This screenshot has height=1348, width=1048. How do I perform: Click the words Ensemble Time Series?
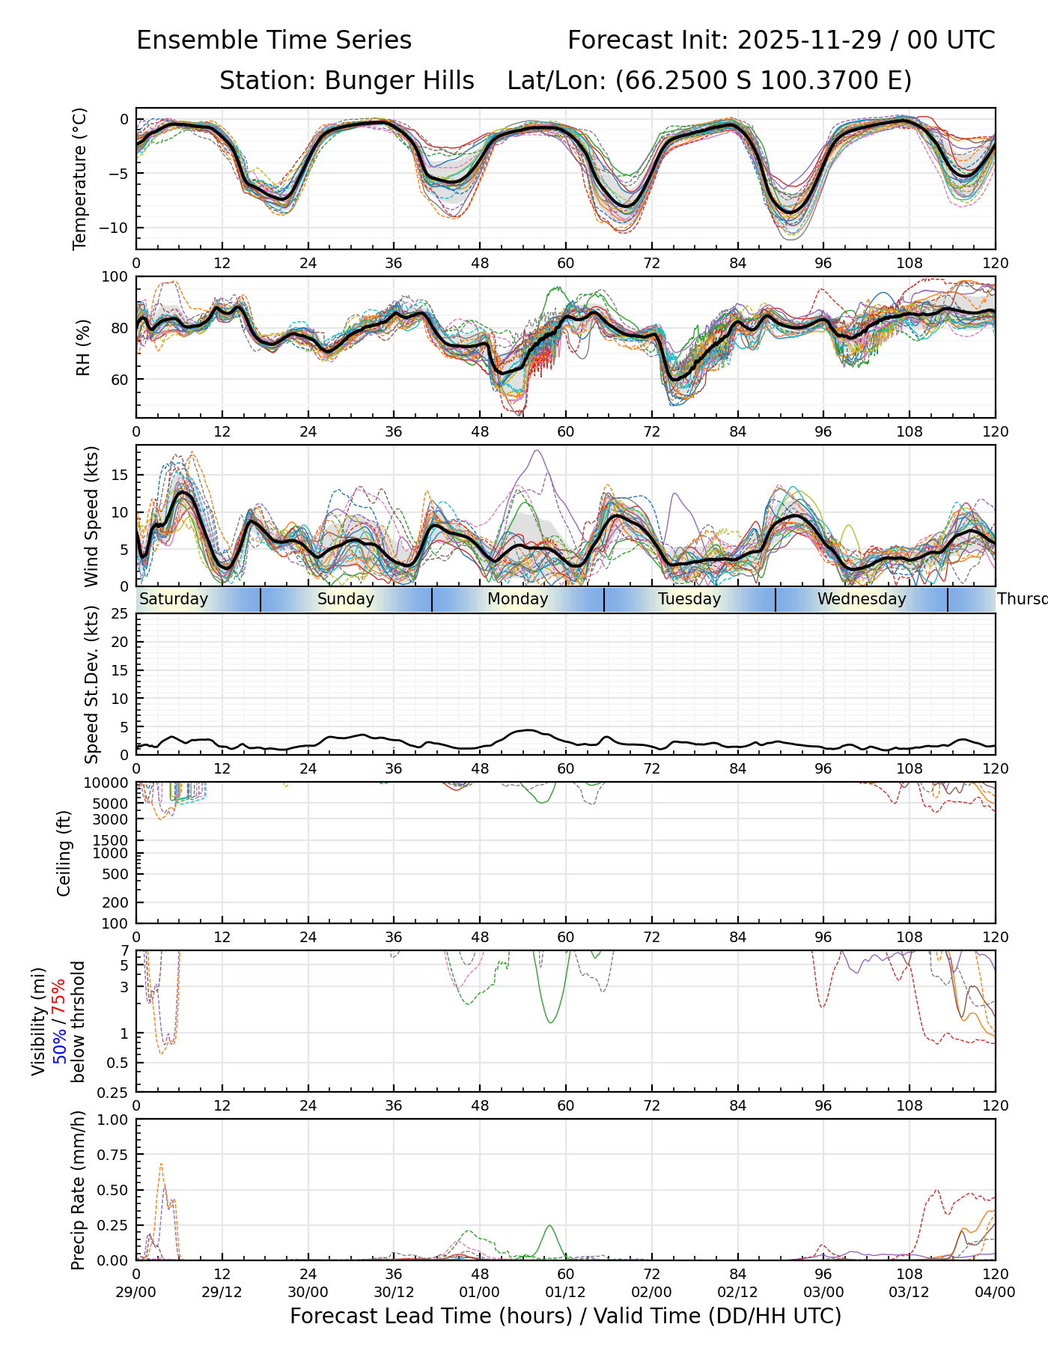tap(274, 40)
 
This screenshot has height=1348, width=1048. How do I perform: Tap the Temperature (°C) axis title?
tap(80, 178)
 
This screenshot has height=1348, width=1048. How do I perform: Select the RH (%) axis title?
tap(83, 347)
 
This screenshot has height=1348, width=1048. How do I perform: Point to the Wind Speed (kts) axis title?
tap(91, 516)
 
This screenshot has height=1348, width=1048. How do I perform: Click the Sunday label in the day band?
tap(345, 599)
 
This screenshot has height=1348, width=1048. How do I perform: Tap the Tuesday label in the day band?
tap(689, 599)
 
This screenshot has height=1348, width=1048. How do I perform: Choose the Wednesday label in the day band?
tap(862, 599)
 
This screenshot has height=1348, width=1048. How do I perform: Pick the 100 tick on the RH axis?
tap(115, 277)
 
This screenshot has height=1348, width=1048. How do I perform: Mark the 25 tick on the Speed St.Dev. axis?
tap(120, 614)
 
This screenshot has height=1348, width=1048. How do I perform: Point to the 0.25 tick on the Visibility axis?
tap(115, 1091)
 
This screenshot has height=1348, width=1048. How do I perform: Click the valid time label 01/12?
tap(565, 1292)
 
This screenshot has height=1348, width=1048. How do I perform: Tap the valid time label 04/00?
tap(995, 1292)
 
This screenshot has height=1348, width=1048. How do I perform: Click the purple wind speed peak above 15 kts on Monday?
tap(537, 451)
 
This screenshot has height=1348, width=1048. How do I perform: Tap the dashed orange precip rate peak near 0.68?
tap(161, 1164)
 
